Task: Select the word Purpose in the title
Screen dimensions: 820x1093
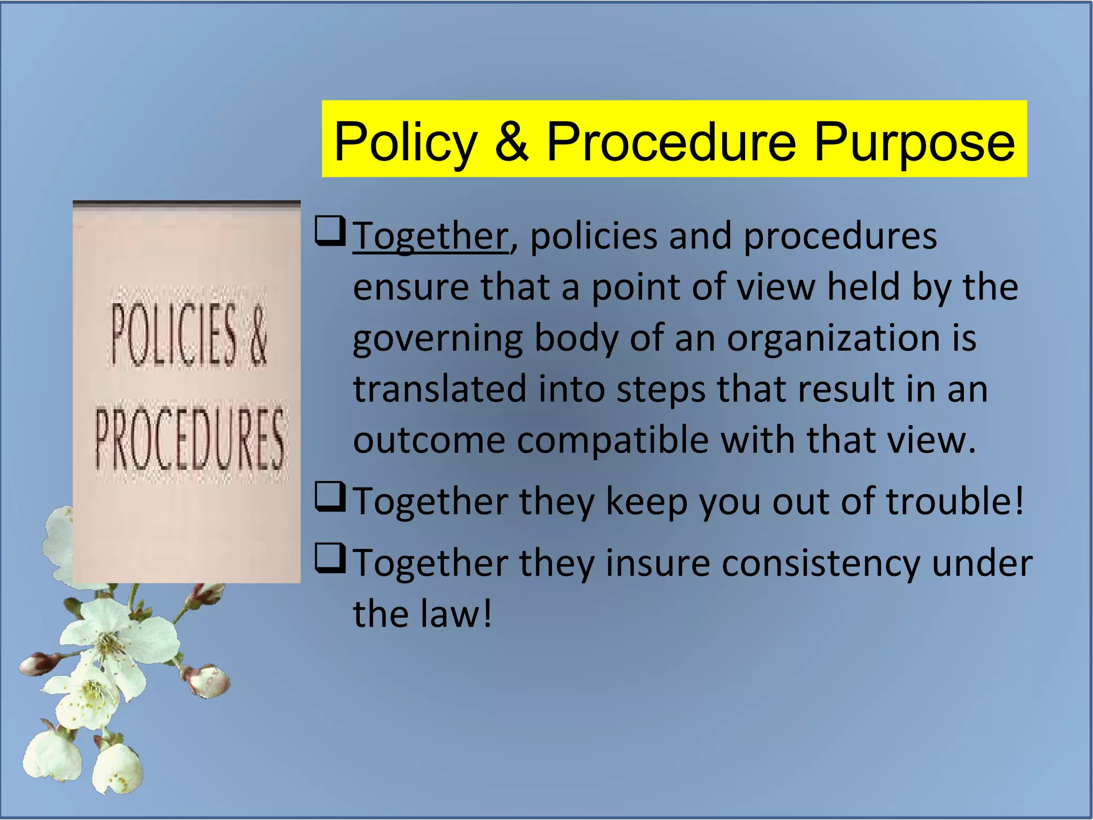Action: tap(914, 142)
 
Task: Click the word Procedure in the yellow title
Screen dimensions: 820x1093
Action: tap(671, 141)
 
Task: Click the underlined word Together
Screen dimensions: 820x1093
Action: tap(430, 236)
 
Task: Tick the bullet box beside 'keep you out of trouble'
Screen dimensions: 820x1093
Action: tap(330, 496)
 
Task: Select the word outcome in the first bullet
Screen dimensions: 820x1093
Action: tap(429, 441)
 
